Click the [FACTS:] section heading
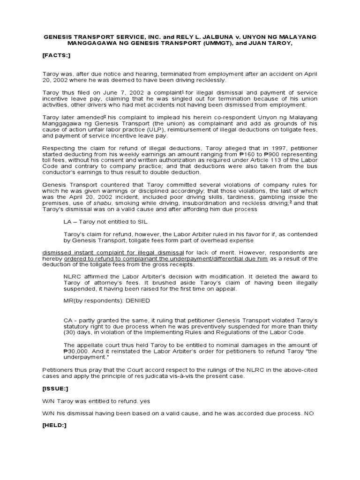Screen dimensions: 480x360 coord(57,54)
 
